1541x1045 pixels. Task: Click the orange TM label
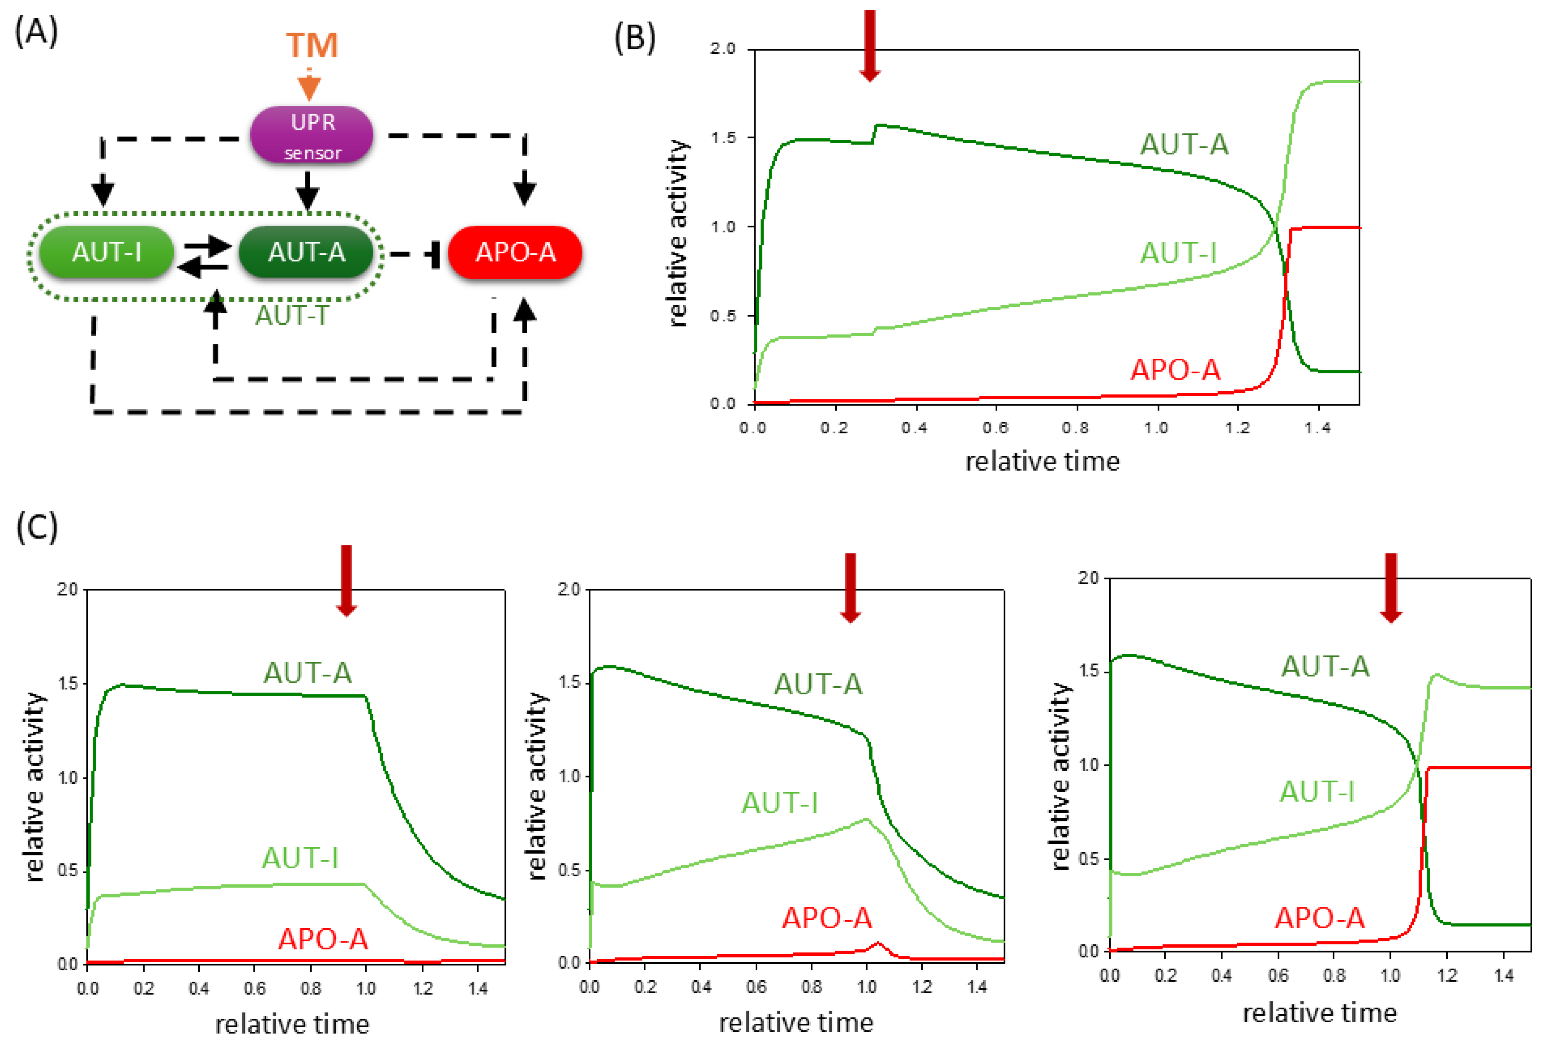[312, 45]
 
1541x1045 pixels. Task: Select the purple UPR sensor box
[312, 135]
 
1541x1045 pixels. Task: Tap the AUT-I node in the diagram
[107, 252]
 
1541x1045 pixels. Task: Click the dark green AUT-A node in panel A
[306, 252]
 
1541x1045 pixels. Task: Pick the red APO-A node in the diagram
[515, 252]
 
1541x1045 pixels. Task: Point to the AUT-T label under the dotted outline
[292, 315]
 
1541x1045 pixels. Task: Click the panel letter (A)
[37, 31]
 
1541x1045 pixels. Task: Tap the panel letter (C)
[37, 527]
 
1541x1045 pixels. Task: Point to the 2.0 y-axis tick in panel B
[723, 49]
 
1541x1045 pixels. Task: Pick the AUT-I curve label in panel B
[1178, 253]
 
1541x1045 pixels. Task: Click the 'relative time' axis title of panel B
[1042, 461]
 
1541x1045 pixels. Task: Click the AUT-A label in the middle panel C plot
[818, 684]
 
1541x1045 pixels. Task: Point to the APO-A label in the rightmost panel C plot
[1320, 918]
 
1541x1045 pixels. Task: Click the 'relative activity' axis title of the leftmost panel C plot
[34, 786]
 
